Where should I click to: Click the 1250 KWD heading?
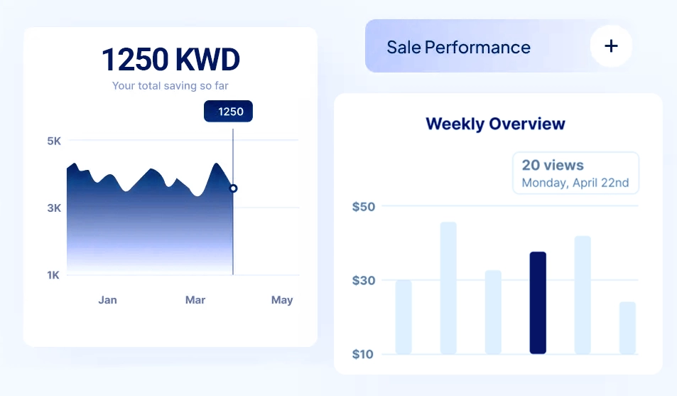(170, 60)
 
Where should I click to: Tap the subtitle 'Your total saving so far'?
(170, 86)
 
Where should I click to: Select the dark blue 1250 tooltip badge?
(228, 111)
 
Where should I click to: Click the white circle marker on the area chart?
(233, 188)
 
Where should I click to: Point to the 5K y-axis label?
(54, 141)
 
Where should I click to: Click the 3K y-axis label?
(54, 208)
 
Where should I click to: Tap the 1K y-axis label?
(54, 275)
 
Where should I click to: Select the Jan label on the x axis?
(107, 300)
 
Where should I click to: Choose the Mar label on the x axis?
(195, 300)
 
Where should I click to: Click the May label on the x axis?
(282, 300)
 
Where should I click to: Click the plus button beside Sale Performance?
(611, 46)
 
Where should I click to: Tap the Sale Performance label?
(458, 48)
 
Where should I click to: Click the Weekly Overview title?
(495, 124)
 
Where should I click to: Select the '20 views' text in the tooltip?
(553, 165)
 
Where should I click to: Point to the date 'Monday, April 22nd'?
(575, 183)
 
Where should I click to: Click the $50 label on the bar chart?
(364, 207)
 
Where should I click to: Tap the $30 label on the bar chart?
(364, 281)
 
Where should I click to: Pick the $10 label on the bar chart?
(364, 354)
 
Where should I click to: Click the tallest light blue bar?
(448, 288)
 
